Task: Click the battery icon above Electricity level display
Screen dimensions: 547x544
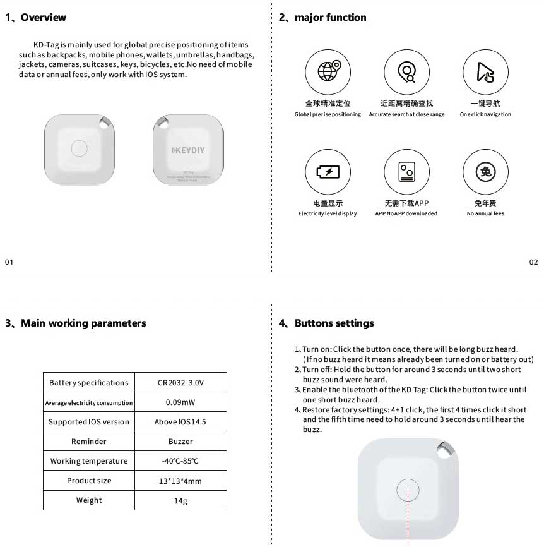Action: point(328,171)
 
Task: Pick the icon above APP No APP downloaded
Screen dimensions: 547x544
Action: point(406,171)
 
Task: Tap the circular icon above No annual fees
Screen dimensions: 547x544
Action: point(485,171)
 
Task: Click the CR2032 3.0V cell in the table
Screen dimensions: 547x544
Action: point(180,383)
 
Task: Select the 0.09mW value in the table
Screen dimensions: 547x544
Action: point(180,402)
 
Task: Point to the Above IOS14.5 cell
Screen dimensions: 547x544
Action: point(180,422)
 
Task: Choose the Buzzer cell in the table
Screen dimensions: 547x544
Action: point(180,442)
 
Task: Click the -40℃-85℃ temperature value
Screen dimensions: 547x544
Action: point(180,461)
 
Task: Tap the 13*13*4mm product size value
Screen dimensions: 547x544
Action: point(180,481)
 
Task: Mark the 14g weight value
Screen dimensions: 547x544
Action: point(180,500)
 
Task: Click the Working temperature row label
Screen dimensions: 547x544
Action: point(89,461)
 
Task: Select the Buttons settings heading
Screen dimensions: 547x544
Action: point(334,323)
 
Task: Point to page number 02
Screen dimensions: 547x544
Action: point(533,262)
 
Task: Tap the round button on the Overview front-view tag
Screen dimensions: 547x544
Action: point(80,148)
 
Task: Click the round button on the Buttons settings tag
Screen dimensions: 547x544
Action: point(408,490)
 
